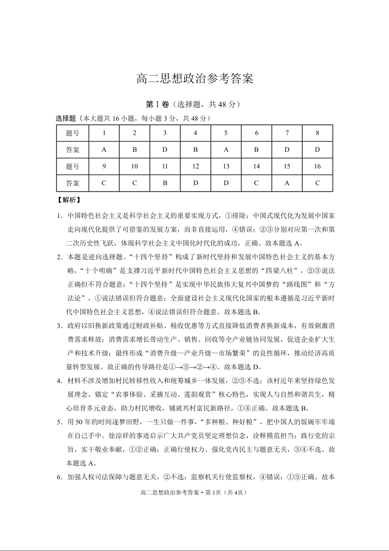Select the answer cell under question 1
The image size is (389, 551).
(104, 150)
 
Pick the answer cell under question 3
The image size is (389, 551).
(165, 150)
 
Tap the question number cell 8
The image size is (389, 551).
(317, 133)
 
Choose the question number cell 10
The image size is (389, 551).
(134, 166)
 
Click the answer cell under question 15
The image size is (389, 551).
(286, 183)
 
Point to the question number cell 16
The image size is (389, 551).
(317, 166)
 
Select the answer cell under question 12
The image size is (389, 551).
(195, 183)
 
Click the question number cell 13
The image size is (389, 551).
(226, 166)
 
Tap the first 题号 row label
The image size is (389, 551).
(73, 133)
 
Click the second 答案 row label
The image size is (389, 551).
(73, 183)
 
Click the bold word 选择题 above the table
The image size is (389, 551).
(65, 118)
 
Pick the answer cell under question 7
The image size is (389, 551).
(286, 150)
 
